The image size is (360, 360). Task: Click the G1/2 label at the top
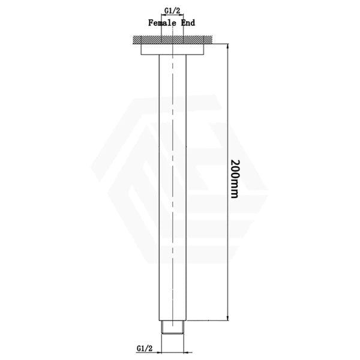pos(172,11)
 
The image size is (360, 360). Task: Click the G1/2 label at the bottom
pos(145,349)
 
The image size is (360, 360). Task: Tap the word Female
pos(163,23)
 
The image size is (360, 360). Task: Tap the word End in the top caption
pos(188,23)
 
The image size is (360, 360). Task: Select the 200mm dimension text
pos(235,179)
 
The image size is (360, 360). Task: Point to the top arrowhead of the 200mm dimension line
pos(228,46)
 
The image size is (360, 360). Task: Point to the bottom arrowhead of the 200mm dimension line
pos(228,317)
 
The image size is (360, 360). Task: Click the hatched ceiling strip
pos(173,40)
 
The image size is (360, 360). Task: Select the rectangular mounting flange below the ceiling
pos(172,49)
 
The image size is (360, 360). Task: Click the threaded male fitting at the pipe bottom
pos(173,327)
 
